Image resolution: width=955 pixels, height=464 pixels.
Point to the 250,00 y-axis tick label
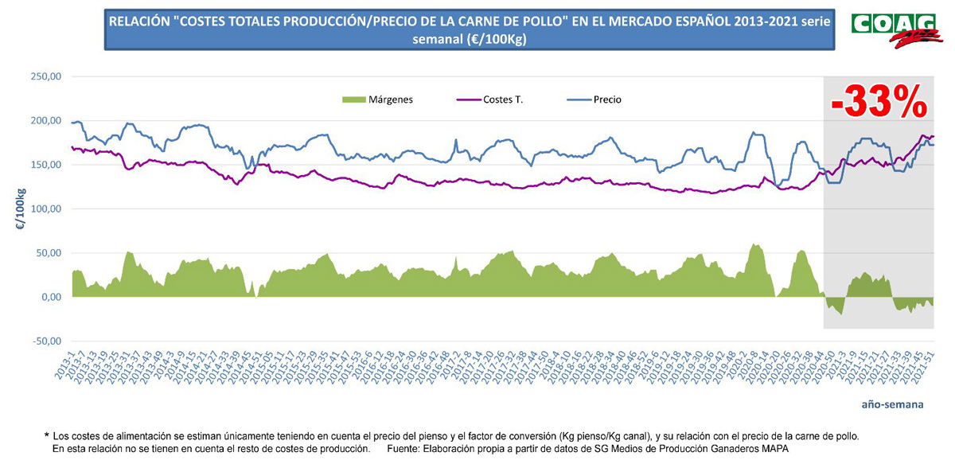45,77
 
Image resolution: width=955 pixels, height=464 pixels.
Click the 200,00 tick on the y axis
45,121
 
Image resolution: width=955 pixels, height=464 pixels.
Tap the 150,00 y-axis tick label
45,165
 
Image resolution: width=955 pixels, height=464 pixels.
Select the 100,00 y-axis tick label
45,209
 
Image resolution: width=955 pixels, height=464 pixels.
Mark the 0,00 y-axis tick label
50,297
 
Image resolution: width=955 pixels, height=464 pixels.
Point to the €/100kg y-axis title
21,209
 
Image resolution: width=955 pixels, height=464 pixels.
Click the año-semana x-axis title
892,404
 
